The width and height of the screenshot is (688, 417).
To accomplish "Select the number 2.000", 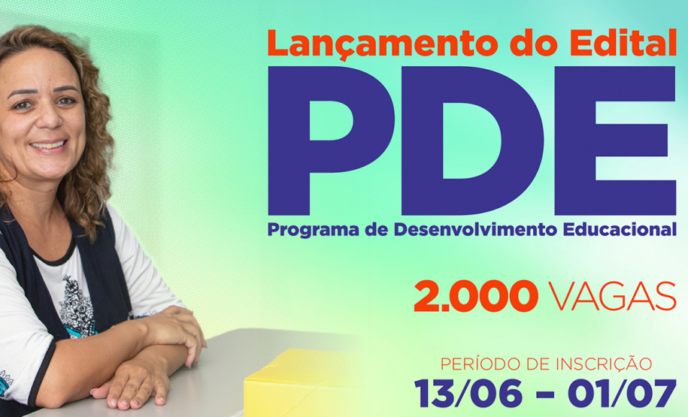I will (475, 297).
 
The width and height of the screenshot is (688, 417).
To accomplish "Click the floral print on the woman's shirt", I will (76, 301).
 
